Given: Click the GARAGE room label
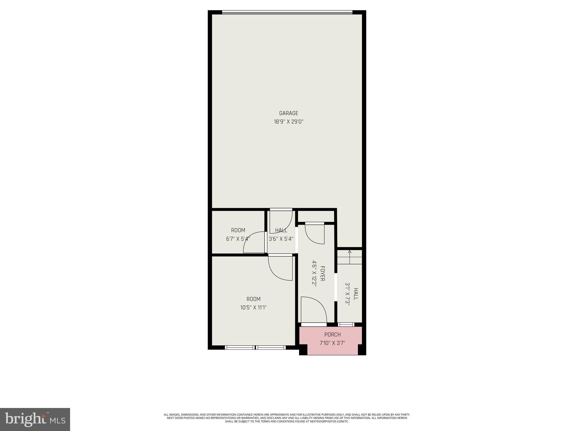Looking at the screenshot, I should pos(288,113).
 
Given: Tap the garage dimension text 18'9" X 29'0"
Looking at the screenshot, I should pos(288,122).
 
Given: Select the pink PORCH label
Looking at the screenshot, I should pos(332,334).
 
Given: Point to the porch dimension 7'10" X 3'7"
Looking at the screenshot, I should pos(332,343).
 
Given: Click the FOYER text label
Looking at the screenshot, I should pos(323,273).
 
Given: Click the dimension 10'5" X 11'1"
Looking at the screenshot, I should pos(253,308).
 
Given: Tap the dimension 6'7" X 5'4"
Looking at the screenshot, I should pos(238,239).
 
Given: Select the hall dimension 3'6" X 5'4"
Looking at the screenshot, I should pos(281,239).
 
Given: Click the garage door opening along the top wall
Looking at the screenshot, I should pos(287,12).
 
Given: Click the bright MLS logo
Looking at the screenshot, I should pos(35,419).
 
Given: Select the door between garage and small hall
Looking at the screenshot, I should pos(281,222).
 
